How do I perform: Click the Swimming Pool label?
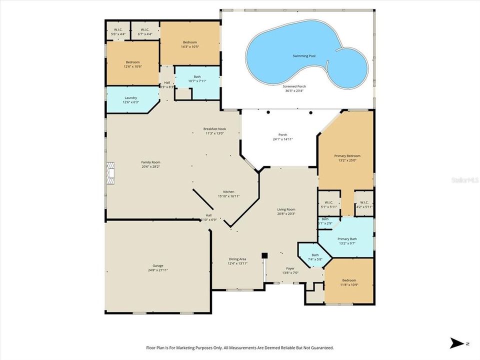click(303, 56)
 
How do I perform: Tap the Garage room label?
click(157, 265)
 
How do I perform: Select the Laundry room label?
click(130, 98)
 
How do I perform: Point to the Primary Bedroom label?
click(347, 156)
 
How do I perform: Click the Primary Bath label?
click(346, 239)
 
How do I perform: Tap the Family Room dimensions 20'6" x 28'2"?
click(150, 167)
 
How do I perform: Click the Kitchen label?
click(228, 192)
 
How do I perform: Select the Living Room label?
click(286, 209)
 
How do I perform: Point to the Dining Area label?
click(237, 259)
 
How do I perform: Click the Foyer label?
click(290, 268)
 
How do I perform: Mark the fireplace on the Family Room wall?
click(110, 173)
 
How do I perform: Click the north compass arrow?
click(456, 343)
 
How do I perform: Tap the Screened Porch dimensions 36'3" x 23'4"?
click(295, 90)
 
